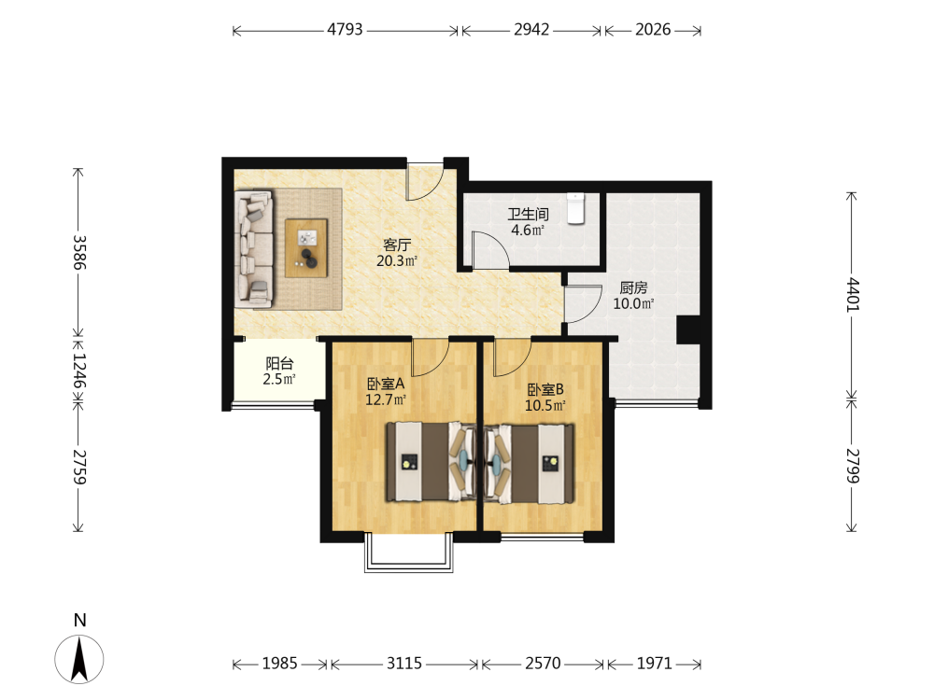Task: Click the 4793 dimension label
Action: coord(345,29)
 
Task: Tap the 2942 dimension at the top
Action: coord(531,29)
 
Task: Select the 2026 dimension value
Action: coord(653,29)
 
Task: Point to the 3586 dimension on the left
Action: coord(79,252)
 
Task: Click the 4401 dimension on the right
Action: coord(853,295)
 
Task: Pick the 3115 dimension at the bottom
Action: coord(403,663)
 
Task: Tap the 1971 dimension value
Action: coord(654,663)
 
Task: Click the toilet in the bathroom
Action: coord(575,208)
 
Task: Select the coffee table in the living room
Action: coord(306,248)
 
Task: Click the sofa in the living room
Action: coord(254,249)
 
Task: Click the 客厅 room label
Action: coord(397,245)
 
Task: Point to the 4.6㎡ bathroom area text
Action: coord(527,231)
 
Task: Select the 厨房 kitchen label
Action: coord(633,288)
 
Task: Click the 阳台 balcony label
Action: coord(279,363)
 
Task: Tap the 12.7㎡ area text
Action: coord(386,399)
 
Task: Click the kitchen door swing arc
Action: coord(594,309)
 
